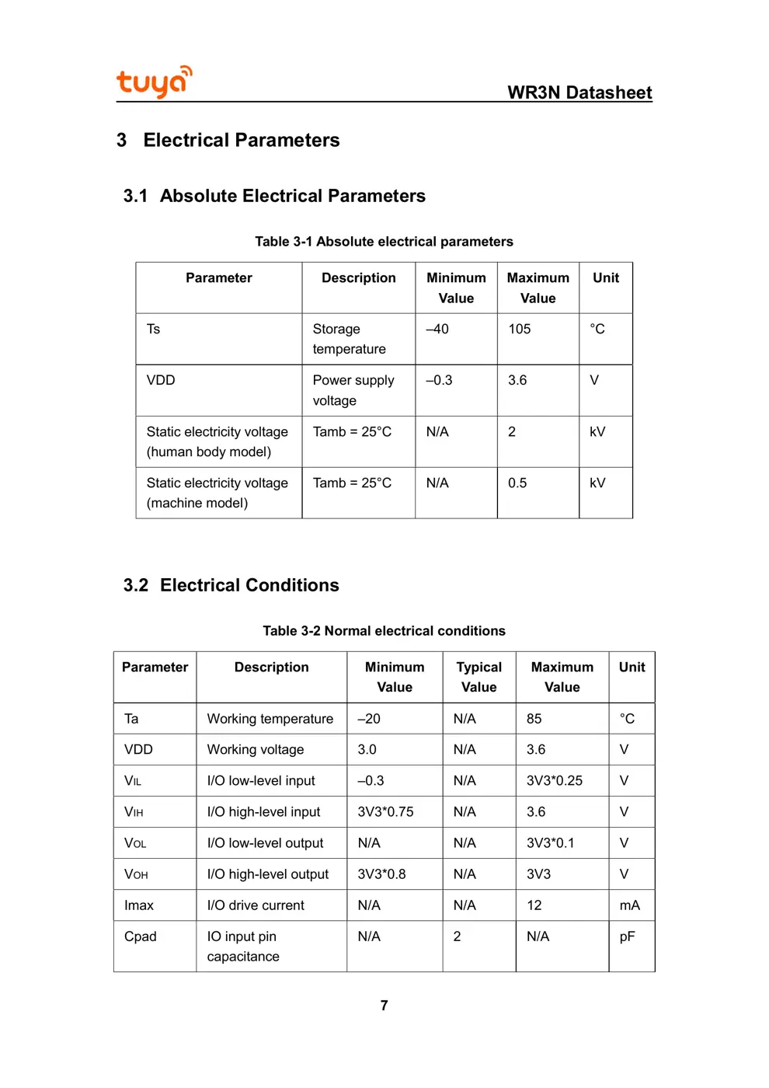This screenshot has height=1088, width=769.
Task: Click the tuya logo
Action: click(x=154, y=82)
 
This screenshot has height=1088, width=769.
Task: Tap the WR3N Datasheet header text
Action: click(x=579, y=92)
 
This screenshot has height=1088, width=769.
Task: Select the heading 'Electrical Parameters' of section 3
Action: click(x=241, y=140)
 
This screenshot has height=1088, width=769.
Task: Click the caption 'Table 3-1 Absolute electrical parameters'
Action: click(x=384, y=242)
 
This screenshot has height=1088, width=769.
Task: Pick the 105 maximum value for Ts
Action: click(x=520, y=330)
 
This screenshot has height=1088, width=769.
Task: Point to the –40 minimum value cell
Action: click(x=437, y=330)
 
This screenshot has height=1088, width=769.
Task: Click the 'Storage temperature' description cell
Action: click(x=349, y=339)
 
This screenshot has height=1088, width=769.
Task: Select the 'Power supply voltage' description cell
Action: click(x=353, y=390)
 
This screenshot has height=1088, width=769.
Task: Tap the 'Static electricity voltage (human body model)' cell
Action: click(x=217, y=441)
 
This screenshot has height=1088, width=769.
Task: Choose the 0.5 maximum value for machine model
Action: click(x=517, y=483)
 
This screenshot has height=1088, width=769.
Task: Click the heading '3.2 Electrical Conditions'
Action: click(x=231, y=585)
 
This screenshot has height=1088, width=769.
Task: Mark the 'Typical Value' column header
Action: click(x=478, y=677)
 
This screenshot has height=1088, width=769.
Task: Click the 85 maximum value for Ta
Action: click(x=534, y=719)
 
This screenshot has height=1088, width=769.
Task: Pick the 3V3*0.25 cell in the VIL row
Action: click(x=554, y=781)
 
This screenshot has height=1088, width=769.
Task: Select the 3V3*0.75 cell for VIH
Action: click(x=385, y=812)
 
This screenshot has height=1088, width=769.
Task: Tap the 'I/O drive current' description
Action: click(x=256, y=905)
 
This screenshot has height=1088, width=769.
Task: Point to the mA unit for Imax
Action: click(x=629, y=905)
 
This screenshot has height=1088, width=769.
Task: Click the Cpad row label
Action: click(x=141, y=936)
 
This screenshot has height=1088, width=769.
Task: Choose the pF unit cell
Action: click(x=627, y=936)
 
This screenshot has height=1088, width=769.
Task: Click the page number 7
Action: click(x=384, y=1006)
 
